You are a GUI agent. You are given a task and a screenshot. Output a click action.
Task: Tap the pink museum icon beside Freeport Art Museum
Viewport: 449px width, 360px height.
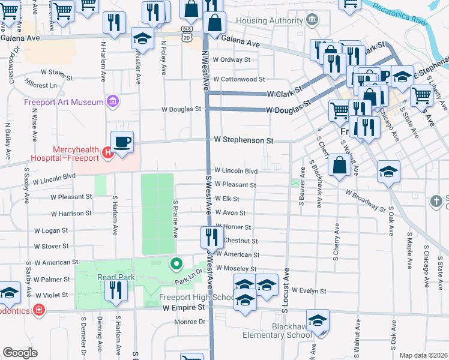(112, 101)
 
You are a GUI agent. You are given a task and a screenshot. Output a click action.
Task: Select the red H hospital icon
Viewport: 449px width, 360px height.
(108, 153)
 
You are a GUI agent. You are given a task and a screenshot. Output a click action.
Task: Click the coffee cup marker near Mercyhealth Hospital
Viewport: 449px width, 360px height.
(122, 142)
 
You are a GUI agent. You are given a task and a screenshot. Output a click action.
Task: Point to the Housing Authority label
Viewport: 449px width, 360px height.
(270, 20)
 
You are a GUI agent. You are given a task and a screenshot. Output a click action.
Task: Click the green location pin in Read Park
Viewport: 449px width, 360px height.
(176, 263)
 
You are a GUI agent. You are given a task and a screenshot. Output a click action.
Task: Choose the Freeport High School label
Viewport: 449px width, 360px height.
(197, 298)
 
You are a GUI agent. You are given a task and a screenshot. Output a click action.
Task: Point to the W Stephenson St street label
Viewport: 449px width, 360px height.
(244, 140)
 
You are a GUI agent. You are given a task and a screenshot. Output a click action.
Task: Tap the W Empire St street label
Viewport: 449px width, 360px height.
(184, 308)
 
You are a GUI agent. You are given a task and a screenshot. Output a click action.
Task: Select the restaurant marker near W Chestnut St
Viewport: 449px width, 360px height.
(209, 236)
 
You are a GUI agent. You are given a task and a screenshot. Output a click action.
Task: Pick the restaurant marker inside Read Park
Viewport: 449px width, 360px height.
(115, 290)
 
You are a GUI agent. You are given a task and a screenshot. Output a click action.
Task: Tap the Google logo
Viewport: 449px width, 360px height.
(20, 353)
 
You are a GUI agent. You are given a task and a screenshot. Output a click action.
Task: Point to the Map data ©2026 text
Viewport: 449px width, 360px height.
(423, 355)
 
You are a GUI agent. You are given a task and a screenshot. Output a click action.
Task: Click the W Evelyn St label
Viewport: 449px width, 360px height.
(308, 291)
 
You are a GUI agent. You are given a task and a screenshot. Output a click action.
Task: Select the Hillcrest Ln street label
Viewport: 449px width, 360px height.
(41, 86)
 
